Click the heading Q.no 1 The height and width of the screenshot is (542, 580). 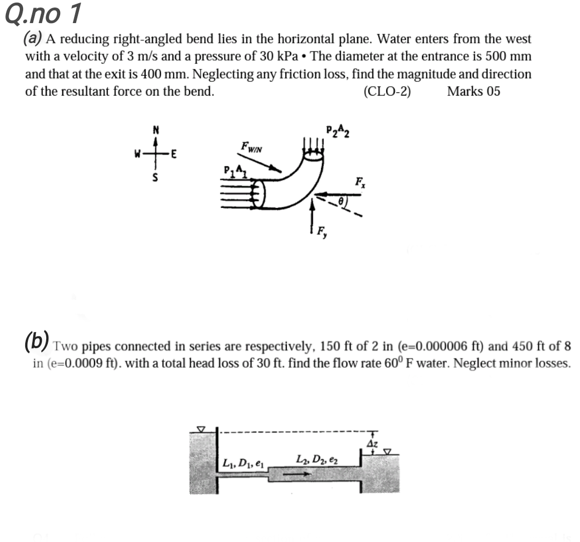point(43,15)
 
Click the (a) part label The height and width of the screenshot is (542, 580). point(34,39)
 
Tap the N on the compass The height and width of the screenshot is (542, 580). point(156,129)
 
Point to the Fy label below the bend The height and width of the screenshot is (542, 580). point(321,233)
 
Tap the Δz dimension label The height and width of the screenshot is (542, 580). point(372,443)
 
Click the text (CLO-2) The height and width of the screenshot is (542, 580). point(387,91)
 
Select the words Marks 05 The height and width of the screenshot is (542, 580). point(473,91)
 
